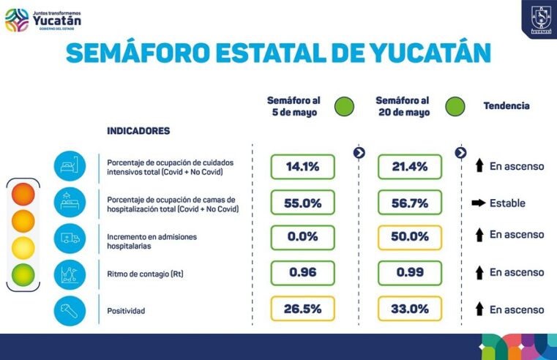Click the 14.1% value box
coord(302,167)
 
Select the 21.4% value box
coord(410,167)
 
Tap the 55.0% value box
coord(302,203)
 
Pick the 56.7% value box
coord(410,203)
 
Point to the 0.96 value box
coord(302,273)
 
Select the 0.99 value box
coord(410,273)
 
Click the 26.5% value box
coord(302,309)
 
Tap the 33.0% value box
coord(410,309)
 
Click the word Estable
coord(507,203)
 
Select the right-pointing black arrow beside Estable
coord(477,203)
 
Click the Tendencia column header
coord(506,106)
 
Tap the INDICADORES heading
coord(138,131)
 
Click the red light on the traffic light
coord(23,195)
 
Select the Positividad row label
coord(125,311)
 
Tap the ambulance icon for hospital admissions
coord(70,238)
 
